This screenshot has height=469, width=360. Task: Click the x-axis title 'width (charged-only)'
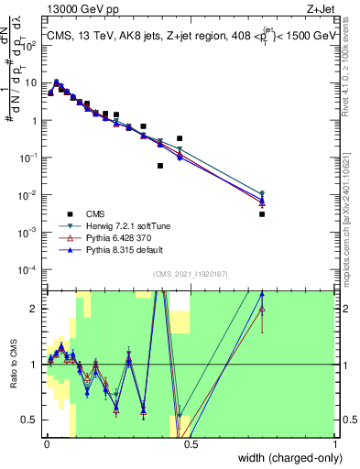[285, 457]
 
